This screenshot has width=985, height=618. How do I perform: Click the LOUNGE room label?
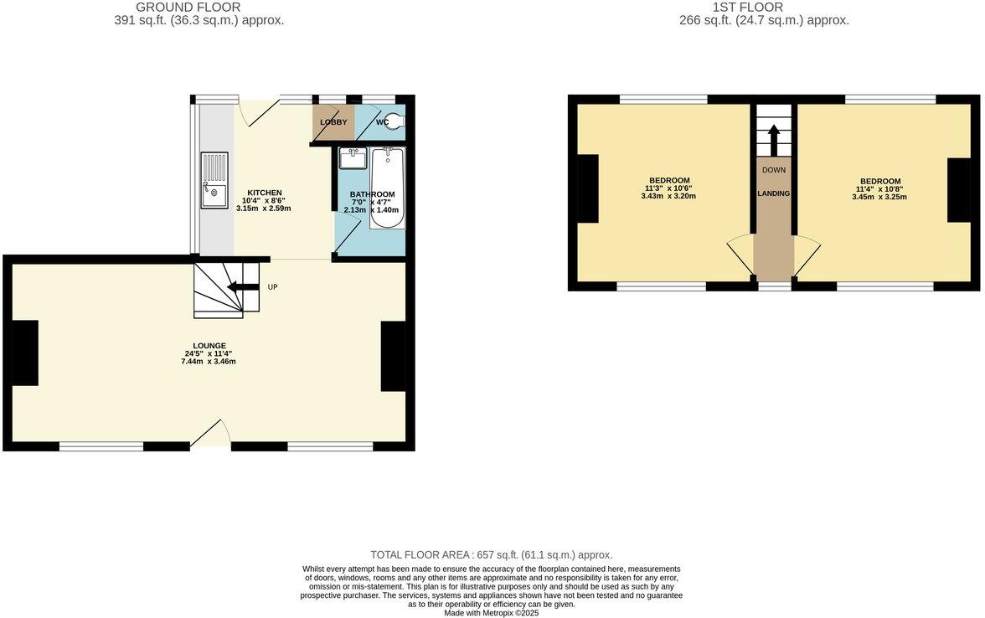tap(209, 345)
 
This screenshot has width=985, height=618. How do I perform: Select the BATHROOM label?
tap(372, 194)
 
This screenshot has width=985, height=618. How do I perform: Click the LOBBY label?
tap(333, 122)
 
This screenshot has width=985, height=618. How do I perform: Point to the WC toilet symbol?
tap(394, 122)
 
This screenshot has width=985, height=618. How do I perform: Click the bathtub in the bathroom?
tap(387, 188)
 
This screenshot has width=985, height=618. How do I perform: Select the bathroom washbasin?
tap(353, 157)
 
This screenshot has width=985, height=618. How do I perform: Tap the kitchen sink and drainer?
tap(214, 180)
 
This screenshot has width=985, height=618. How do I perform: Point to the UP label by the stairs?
tap(272, 287)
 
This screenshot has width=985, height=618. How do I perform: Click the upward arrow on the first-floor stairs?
tap(773, 139)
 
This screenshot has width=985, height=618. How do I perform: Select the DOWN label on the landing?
tap(773, 170)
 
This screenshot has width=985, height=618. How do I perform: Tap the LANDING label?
tap(773, 193)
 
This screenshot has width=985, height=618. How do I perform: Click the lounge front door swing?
tap(210, 433)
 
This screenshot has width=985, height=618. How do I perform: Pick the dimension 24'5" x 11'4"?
tap(209, 353)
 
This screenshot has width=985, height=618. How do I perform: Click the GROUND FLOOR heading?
tap(188, 8)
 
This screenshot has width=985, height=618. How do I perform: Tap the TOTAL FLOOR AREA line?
tap(492, 554)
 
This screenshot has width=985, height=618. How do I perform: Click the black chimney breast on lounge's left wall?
tap(25, 353)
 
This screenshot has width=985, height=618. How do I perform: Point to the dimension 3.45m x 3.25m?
tap(879, 197)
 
